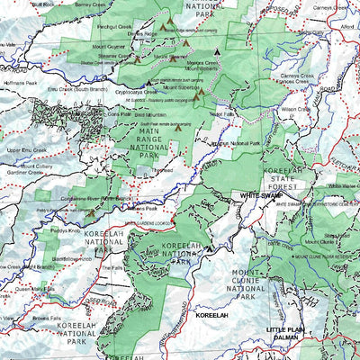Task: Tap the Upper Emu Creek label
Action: coord(26,148)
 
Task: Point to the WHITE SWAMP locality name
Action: coord(261,193)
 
